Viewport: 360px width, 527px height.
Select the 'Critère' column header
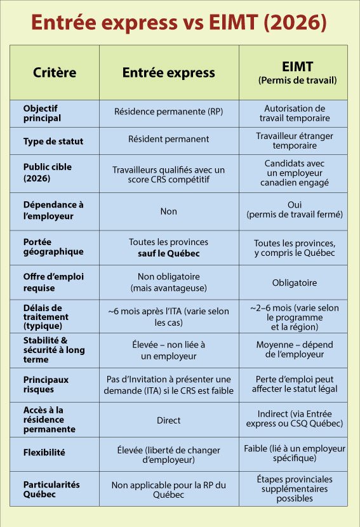coord(55,72)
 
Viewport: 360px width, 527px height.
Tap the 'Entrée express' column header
coord(168,72)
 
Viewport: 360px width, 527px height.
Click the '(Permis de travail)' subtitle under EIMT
coord(297,81)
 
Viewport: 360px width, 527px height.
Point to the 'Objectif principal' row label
coord(42,113)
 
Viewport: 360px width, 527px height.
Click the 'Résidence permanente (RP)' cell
coord(168,112)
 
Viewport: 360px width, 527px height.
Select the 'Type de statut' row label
coord(53,141)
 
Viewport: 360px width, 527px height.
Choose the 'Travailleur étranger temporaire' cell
coord(295,140)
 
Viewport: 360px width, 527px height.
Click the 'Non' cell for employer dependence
coord(168,211)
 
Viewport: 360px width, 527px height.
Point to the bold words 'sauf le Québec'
coord(168,253)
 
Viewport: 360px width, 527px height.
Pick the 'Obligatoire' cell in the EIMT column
coord(295,283)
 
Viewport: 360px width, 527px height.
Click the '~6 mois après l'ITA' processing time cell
coord(168,317)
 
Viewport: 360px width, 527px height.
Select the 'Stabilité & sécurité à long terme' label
coord(54,350)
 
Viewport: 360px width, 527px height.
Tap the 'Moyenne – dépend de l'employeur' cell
coord(295,350)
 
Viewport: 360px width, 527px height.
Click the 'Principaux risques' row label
coord(46,384)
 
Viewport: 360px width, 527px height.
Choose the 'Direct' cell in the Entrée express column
coord(168,420)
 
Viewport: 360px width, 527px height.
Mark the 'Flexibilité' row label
coord(44,453)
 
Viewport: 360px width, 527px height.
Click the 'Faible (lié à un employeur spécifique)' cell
coord(295,453)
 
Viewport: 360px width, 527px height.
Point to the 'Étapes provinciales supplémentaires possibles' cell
coord(295,488)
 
